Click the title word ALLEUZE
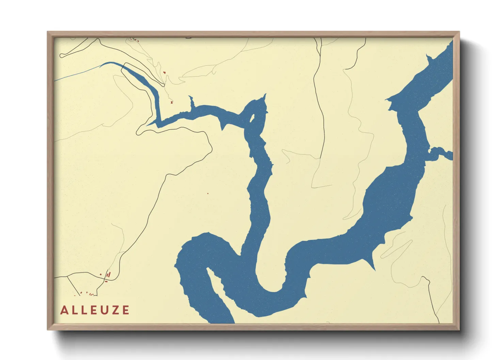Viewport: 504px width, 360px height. [95, 310]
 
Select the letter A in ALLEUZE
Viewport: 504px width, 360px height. [64, 310]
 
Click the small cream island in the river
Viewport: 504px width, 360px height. [252, 118]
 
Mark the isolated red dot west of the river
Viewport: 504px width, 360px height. [208, 194]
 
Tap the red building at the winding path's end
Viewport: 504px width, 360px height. [172, 102]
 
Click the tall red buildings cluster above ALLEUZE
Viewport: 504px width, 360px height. [108, 274]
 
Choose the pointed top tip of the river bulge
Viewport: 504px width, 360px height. [265, 95]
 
